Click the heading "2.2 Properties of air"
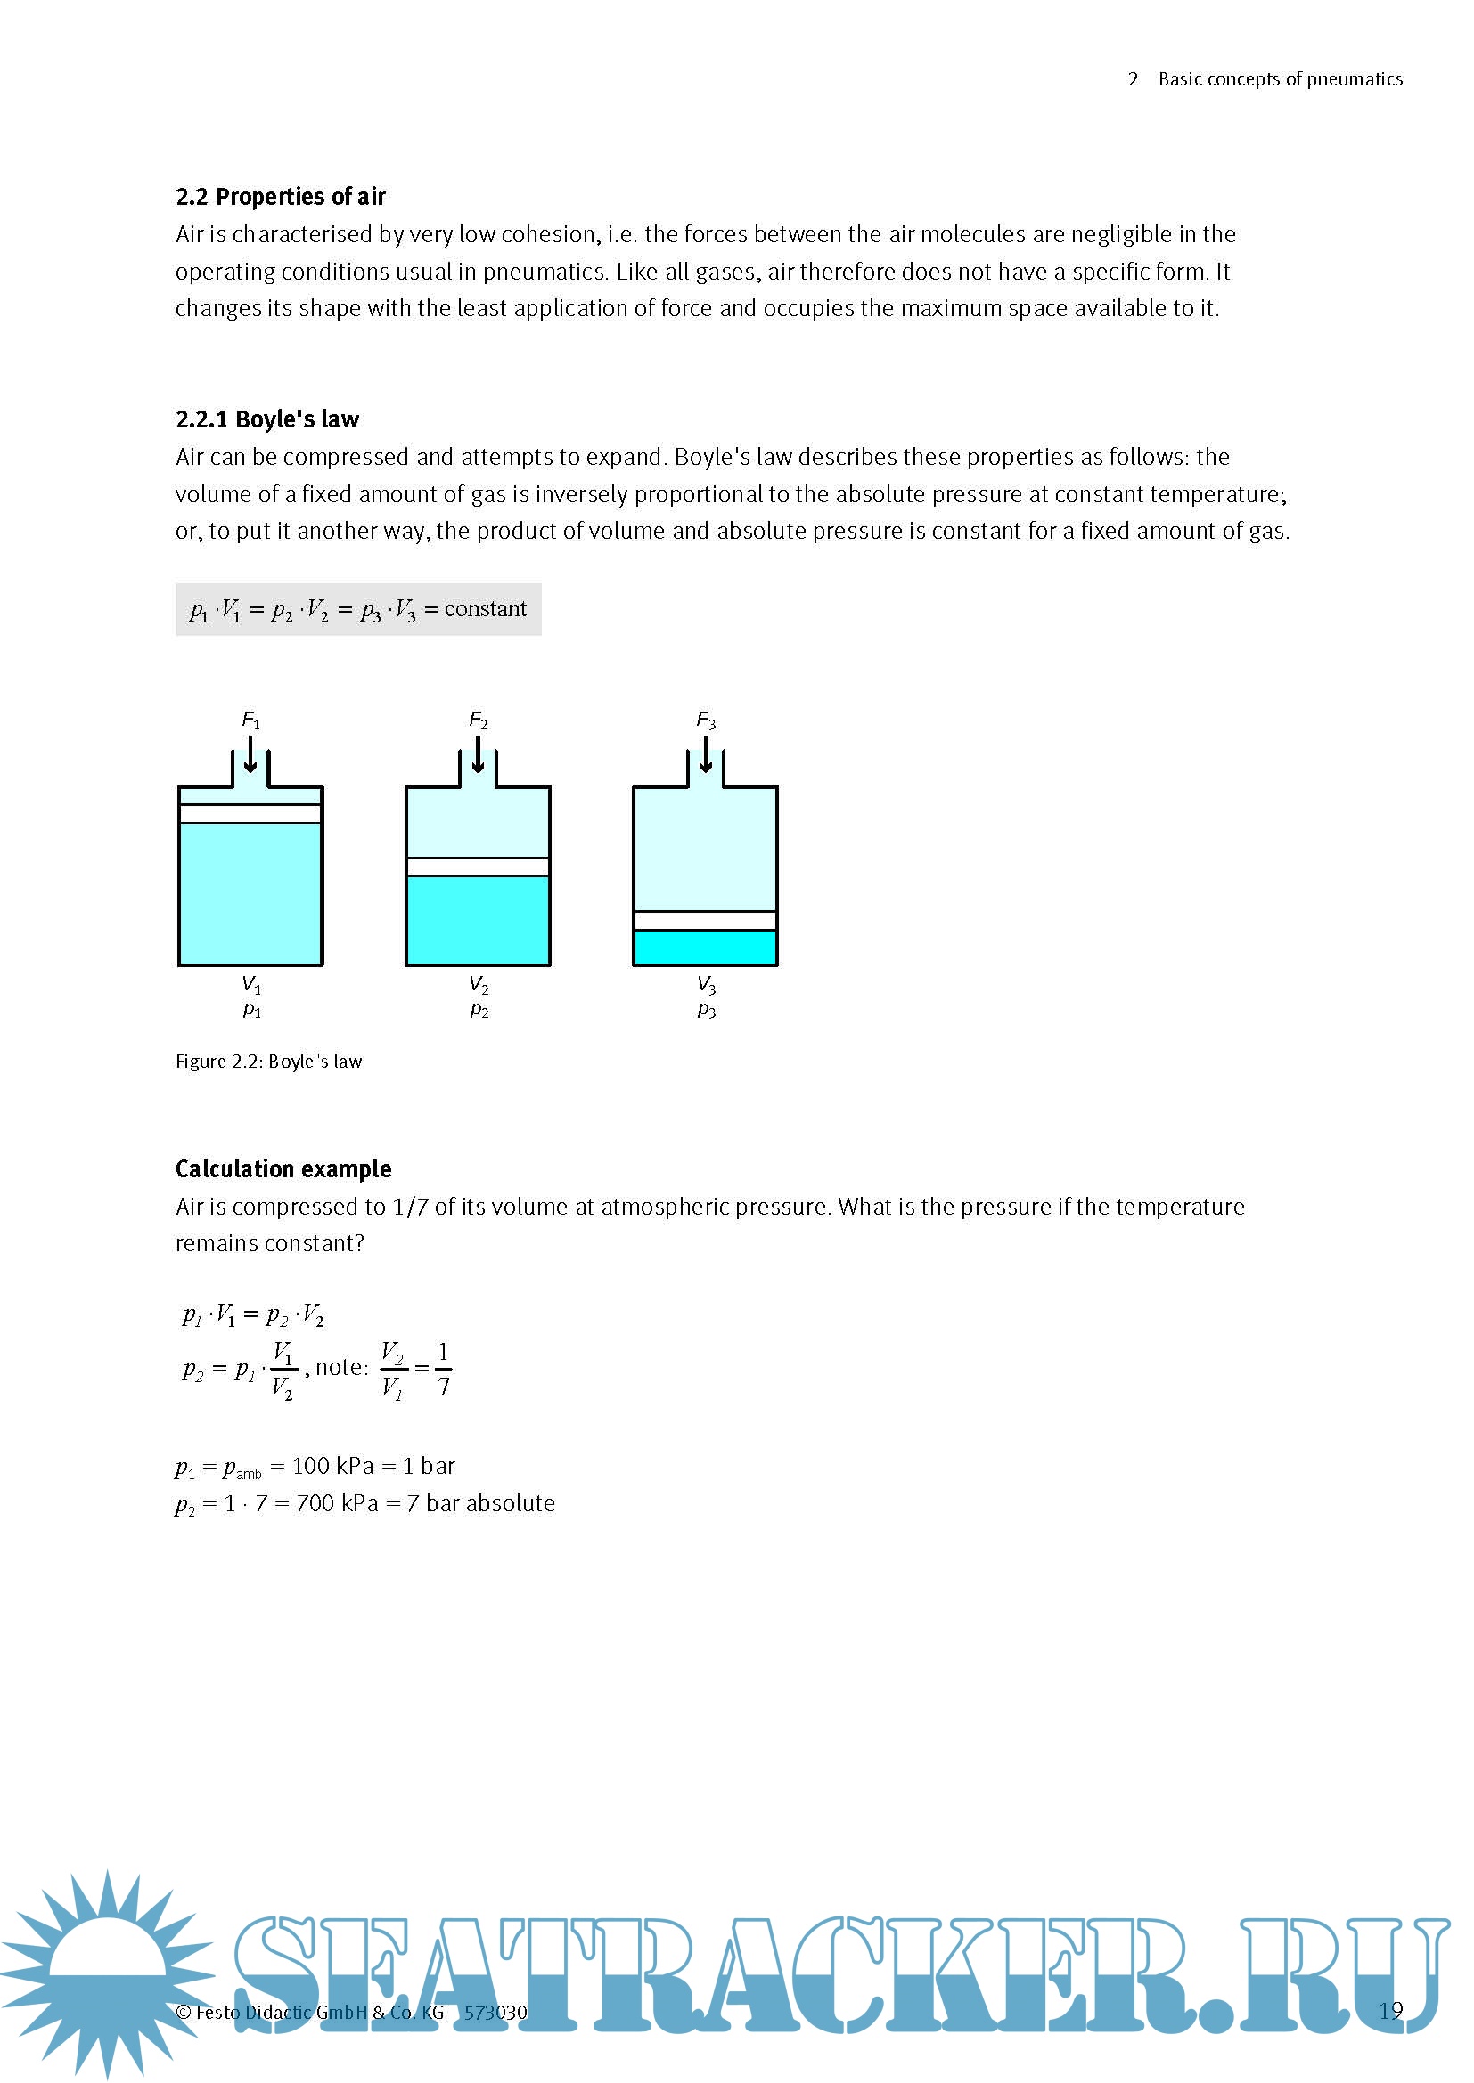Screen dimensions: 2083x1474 [281, 197]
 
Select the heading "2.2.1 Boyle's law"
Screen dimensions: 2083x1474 [266, 419]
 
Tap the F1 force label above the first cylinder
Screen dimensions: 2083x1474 [251, 720]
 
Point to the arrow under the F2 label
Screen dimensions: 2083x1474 [479, 755]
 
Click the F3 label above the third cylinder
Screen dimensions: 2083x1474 [706, 720]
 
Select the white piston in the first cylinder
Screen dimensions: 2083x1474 [250, 814]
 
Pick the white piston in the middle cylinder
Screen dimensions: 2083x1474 [479, 867]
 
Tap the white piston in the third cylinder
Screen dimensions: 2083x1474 [705, 921]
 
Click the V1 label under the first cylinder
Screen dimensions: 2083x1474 [251, 984]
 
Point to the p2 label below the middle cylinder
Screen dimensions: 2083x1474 [479, 1010]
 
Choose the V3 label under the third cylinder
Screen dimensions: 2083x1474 [706, 984]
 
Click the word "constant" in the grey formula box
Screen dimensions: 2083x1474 [485, 609]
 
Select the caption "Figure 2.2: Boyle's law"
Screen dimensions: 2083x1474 [268, 1062]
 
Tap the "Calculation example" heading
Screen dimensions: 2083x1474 [283, 1168]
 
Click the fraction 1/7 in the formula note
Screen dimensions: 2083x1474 [443, 1369]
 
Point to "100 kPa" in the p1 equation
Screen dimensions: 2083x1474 [332, 1466]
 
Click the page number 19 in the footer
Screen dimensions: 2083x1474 [1389, 2012]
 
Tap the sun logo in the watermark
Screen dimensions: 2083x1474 [107, 1969]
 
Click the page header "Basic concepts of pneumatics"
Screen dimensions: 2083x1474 [1280, 80]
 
